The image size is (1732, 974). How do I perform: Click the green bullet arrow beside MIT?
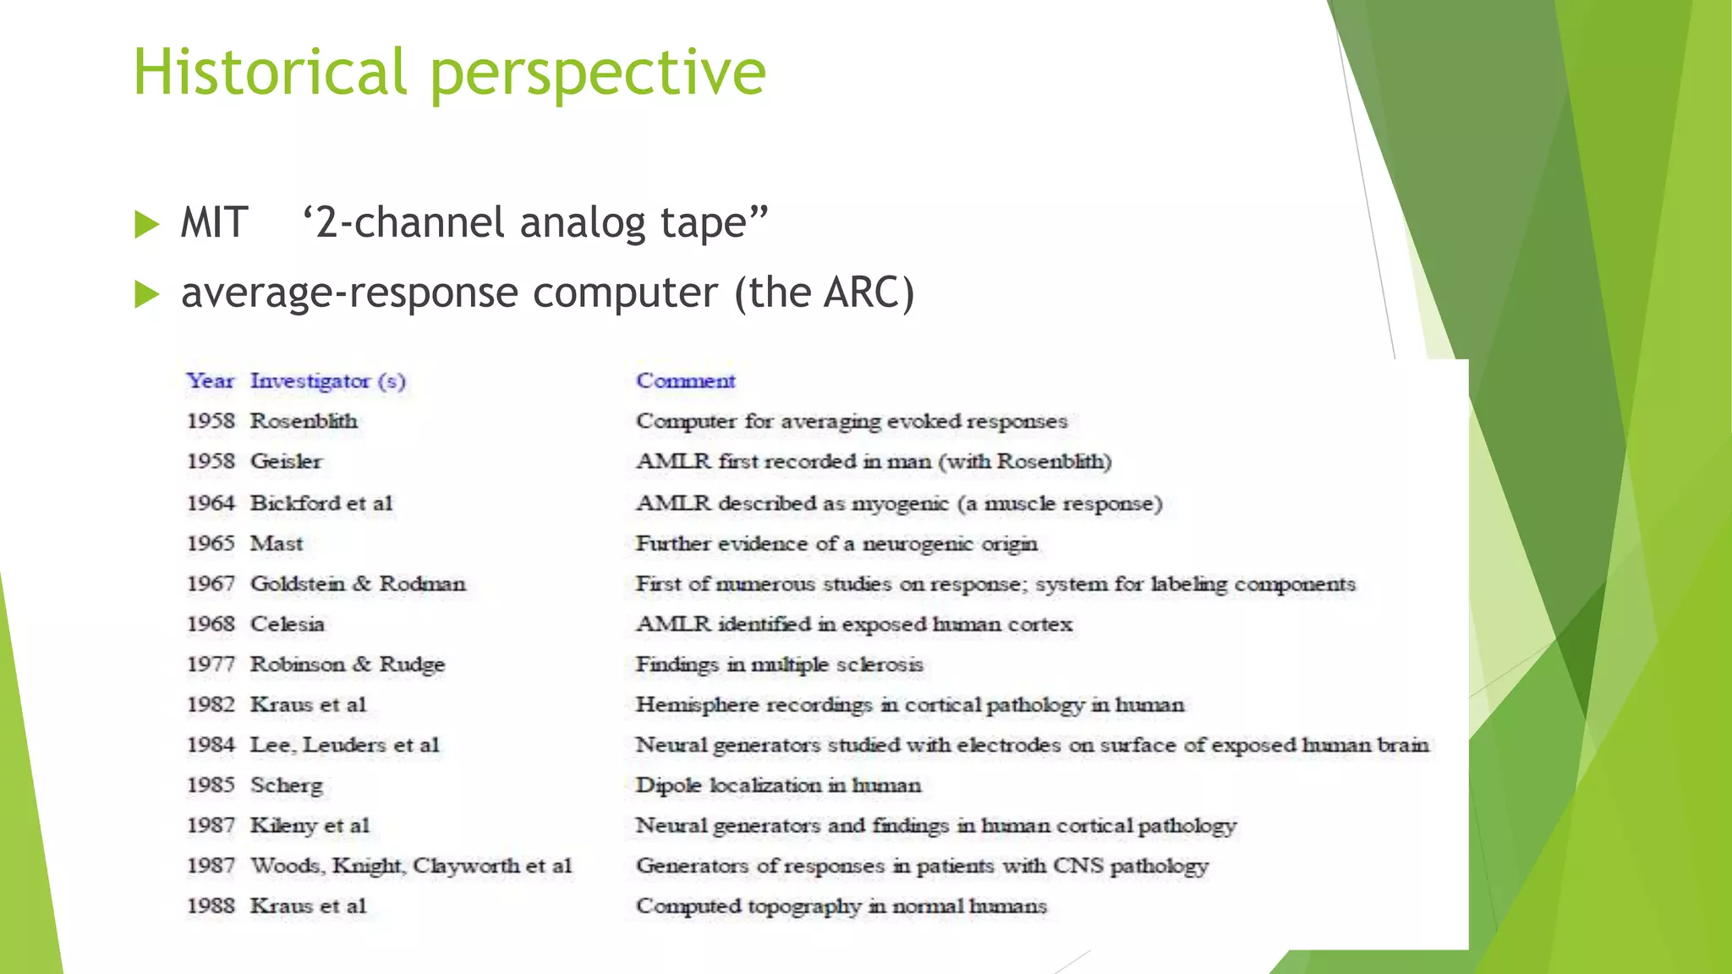point(147,224)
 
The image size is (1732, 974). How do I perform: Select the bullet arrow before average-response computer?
point(147,294)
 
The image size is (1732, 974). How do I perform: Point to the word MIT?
point(214,223)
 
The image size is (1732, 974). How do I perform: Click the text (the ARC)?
point(825,293)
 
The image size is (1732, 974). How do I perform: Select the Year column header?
point(210,380)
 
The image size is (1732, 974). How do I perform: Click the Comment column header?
point(686,380)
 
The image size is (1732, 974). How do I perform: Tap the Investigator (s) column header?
point(328,381)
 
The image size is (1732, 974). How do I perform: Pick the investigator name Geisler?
point(286,462)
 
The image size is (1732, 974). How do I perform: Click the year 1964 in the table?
point(211,503)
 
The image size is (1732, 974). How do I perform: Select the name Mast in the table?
point(277,543)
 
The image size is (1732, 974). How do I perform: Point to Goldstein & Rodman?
point(358,583)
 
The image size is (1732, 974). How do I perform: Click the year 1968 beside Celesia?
point(211,624)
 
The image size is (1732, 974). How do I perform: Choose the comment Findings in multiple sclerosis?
point(779,665)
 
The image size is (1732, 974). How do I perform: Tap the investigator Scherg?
point(287,785)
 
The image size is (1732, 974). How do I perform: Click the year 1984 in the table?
point(211,745)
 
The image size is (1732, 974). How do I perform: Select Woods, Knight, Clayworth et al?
point(411,866)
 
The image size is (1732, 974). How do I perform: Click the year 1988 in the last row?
point(211,906)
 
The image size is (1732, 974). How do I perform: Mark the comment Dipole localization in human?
point(778,785)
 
